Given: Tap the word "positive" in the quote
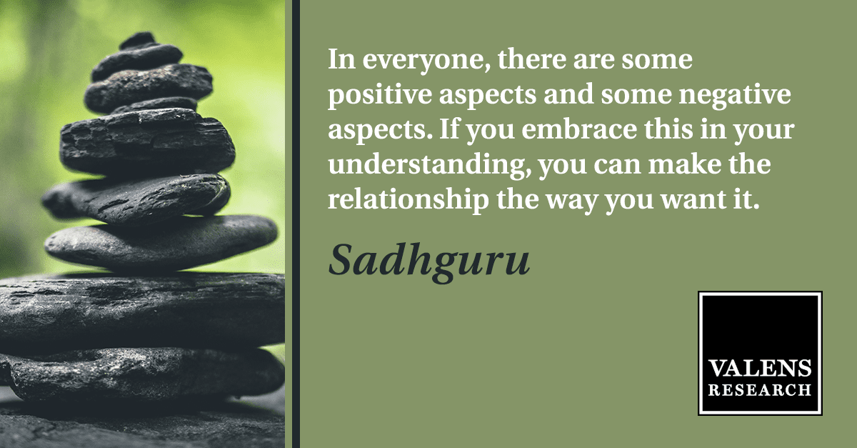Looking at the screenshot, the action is tap(380, 95).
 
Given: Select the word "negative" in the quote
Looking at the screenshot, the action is tap(735, 95).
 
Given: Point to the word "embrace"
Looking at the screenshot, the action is tap(579, 129).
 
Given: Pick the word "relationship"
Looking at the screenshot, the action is tap(409, 200).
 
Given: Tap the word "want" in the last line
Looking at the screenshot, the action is tap(693, 201).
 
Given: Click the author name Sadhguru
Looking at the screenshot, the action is tap(429, 261).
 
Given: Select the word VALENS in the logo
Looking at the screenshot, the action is tap(760, 369).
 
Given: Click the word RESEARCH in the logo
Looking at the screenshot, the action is tap(760, 390).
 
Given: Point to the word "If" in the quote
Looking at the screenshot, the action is tap(449, 129).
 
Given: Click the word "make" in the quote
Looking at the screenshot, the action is tap(684, 164).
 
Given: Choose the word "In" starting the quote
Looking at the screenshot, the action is tap(341, 60).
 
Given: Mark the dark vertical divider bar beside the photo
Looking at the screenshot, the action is tap(296, 224).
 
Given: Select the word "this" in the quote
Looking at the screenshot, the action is tap(668, 129).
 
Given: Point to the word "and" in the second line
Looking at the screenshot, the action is tap(568, 94).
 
